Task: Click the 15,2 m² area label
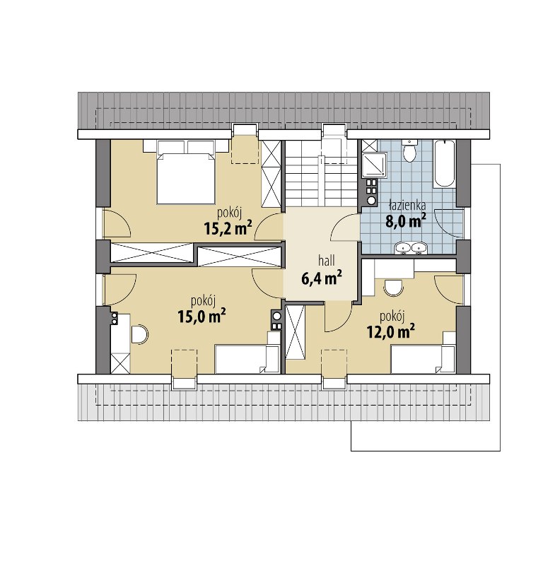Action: [228, 228]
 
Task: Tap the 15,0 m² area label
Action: [201, 316]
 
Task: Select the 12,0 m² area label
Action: [390, 332]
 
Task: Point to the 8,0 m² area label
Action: [406, 220]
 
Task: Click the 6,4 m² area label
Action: [322, 278]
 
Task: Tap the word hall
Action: [326, 261]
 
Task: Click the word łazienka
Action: [407, 205]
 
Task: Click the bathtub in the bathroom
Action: [445, 164]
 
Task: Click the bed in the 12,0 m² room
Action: [423, 357]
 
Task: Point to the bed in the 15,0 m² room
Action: [247, 358]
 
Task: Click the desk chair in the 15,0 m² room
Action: [139, 334]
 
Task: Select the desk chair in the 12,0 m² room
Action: [393, 288]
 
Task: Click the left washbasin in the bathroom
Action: [402, 249]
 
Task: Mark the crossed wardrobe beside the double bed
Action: [271, 174]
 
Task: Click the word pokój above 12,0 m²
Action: [392, 317]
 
